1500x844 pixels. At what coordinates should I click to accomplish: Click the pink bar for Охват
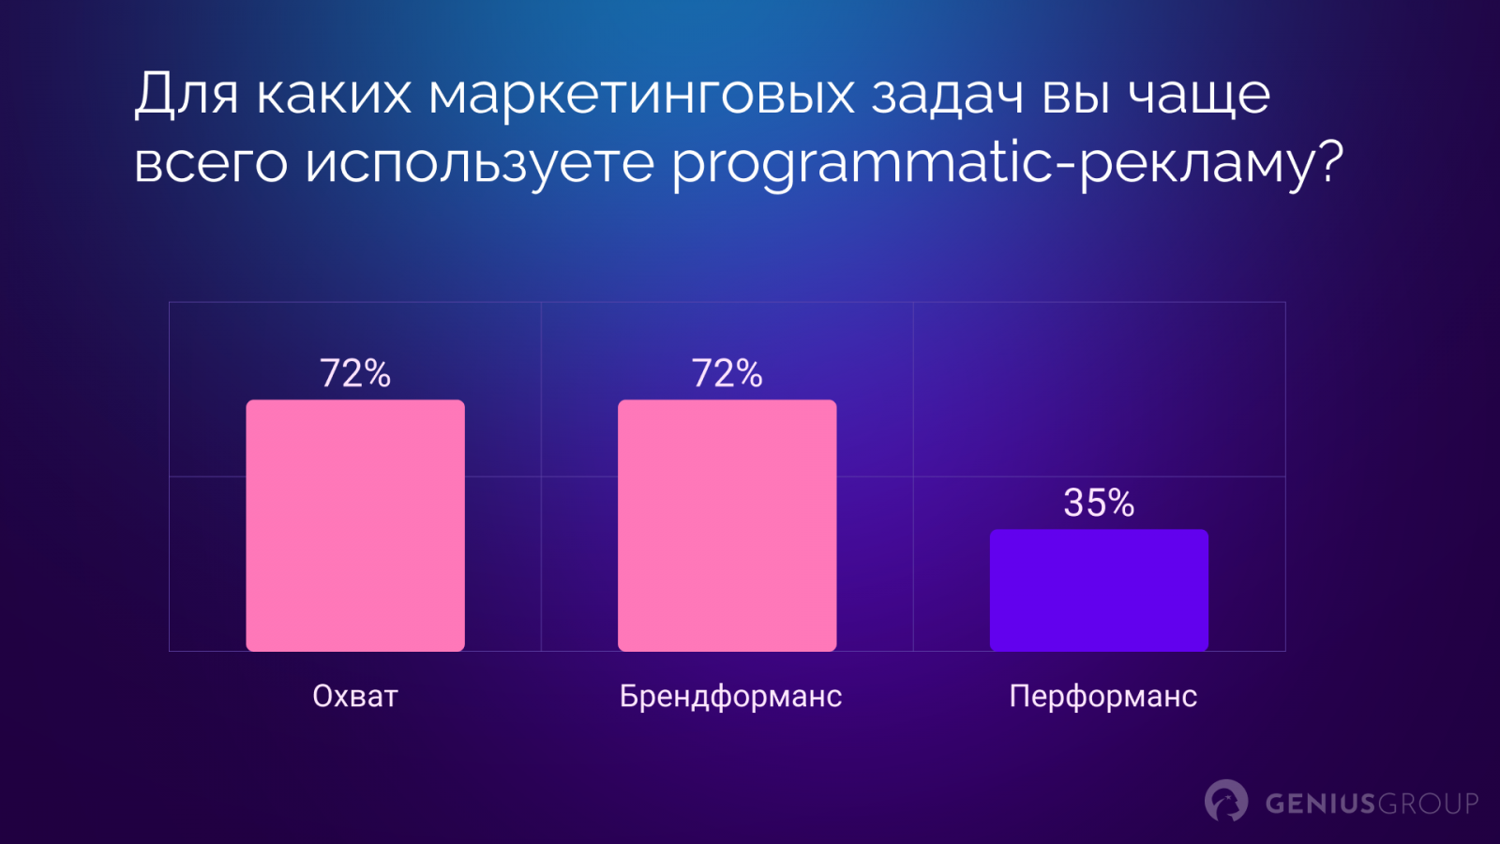(x=355, y=525)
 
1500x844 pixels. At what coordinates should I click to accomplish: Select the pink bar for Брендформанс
(x=727, y=525)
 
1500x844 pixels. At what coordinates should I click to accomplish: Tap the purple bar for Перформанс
(x=1099, y=590)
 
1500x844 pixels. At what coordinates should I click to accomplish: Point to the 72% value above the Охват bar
(x=355, y=373)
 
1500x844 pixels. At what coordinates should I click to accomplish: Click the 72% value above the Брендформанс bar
(x=727, y=373)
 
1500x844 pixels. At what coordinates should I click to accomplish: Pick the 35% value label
(x=1099, y=503)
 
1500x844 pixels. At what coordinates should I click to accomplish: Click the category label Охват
(x=355, y=696)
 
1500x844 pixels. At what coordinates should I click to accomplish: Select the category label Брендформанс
(x=730, y=696)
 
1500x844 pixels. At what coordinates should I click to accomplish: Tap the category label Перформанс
(x=1102, y=696)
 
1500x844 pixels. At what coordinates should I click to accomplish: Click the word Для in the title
(x=187, y=95)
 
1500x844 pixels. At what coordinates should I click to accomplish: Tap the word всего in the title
(x=211, y=163)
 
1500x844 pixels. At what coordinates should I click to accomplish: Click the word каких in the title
(x=334, y=95)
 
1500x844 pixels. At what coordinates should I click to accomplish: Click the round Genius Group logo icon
(x=1226, y=801)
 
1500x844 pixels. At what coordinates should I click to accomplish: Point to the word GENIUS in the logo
(x=1313, y=803)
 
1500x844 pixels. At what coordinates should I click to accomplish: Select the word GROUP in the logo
(x=1421, y=803)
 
